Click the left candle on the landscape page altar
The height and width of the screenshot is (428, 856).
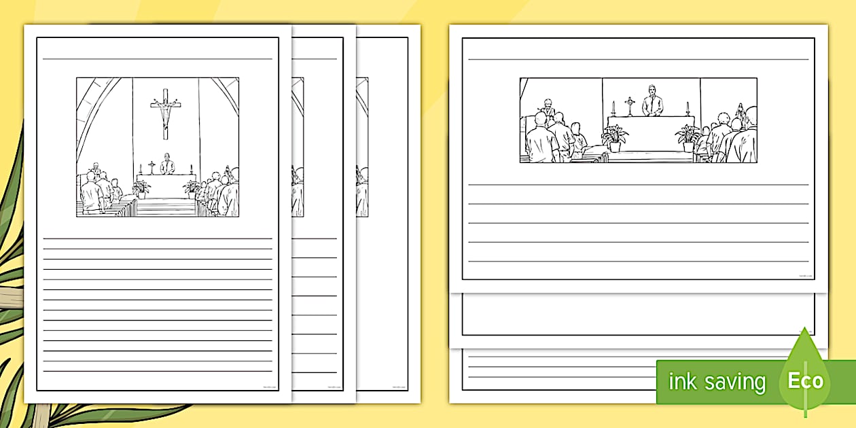pyautogui.click(x=613, y=109)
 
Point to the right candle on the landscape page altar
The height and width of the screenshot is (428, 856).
pyautogui.click(x=687, y=109)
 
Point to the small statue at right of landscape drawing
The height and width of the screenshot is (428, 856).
pyautogui.click(x=741, y=112)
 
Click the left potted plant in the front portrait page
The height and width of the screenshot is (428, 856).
pyautogui.click(x=141, y=188)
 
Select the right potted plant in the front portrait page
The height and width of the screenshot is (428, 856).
pyautogui.click(x=191, y=188)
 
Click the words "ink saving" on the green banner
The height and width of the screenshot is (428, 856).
pyautogui.click(x=717, y=382)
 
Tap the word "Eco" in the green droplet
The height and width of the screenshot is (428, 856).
pyautogui.click(x=805, y=380)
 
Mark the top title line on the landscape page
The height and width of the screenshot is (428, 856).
pyautogui.click(x=638, y=59)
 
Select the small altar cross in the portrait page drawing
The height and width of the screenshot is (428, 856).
pyautogui.click(x=151, y=166)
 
